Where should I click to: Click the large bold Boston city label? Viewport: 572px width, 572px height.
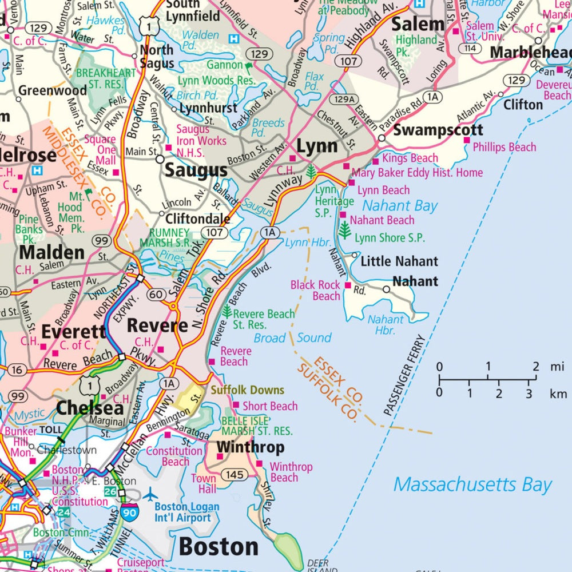[219, 547]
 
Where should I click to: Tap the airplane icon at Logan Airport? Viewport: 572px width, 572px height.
[150, 494]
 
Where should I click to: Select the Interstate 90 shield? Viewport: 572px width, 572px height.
[129, 513]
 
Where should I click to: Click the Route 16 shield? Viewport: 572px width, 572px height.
[17, 370]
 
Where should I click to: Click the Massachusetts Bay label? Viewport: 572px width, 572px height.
[472, 485]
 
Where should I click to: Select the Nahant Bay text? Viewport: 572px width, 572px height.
[400, 206]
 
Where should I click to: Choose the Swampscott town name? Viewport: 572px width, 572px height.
[438, 130]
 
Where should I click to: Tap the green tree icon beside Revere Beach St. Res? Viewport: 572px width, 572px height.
[227, 312]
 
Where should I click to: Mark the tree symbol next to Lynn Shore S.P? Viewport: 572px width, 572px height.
[344, 231]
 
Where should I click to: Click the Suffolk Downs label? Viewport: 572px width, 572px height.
[247, 390]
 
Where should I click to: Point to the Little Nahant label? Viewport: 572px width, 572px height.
[399, 261]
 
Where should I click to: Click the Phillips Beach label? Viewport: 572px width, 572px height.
[504, 147]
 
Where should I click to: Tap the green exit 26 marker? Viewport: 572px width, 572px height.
[110, 491]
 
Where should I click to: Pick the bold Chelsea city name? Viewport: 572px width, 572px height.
[90, 408]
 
